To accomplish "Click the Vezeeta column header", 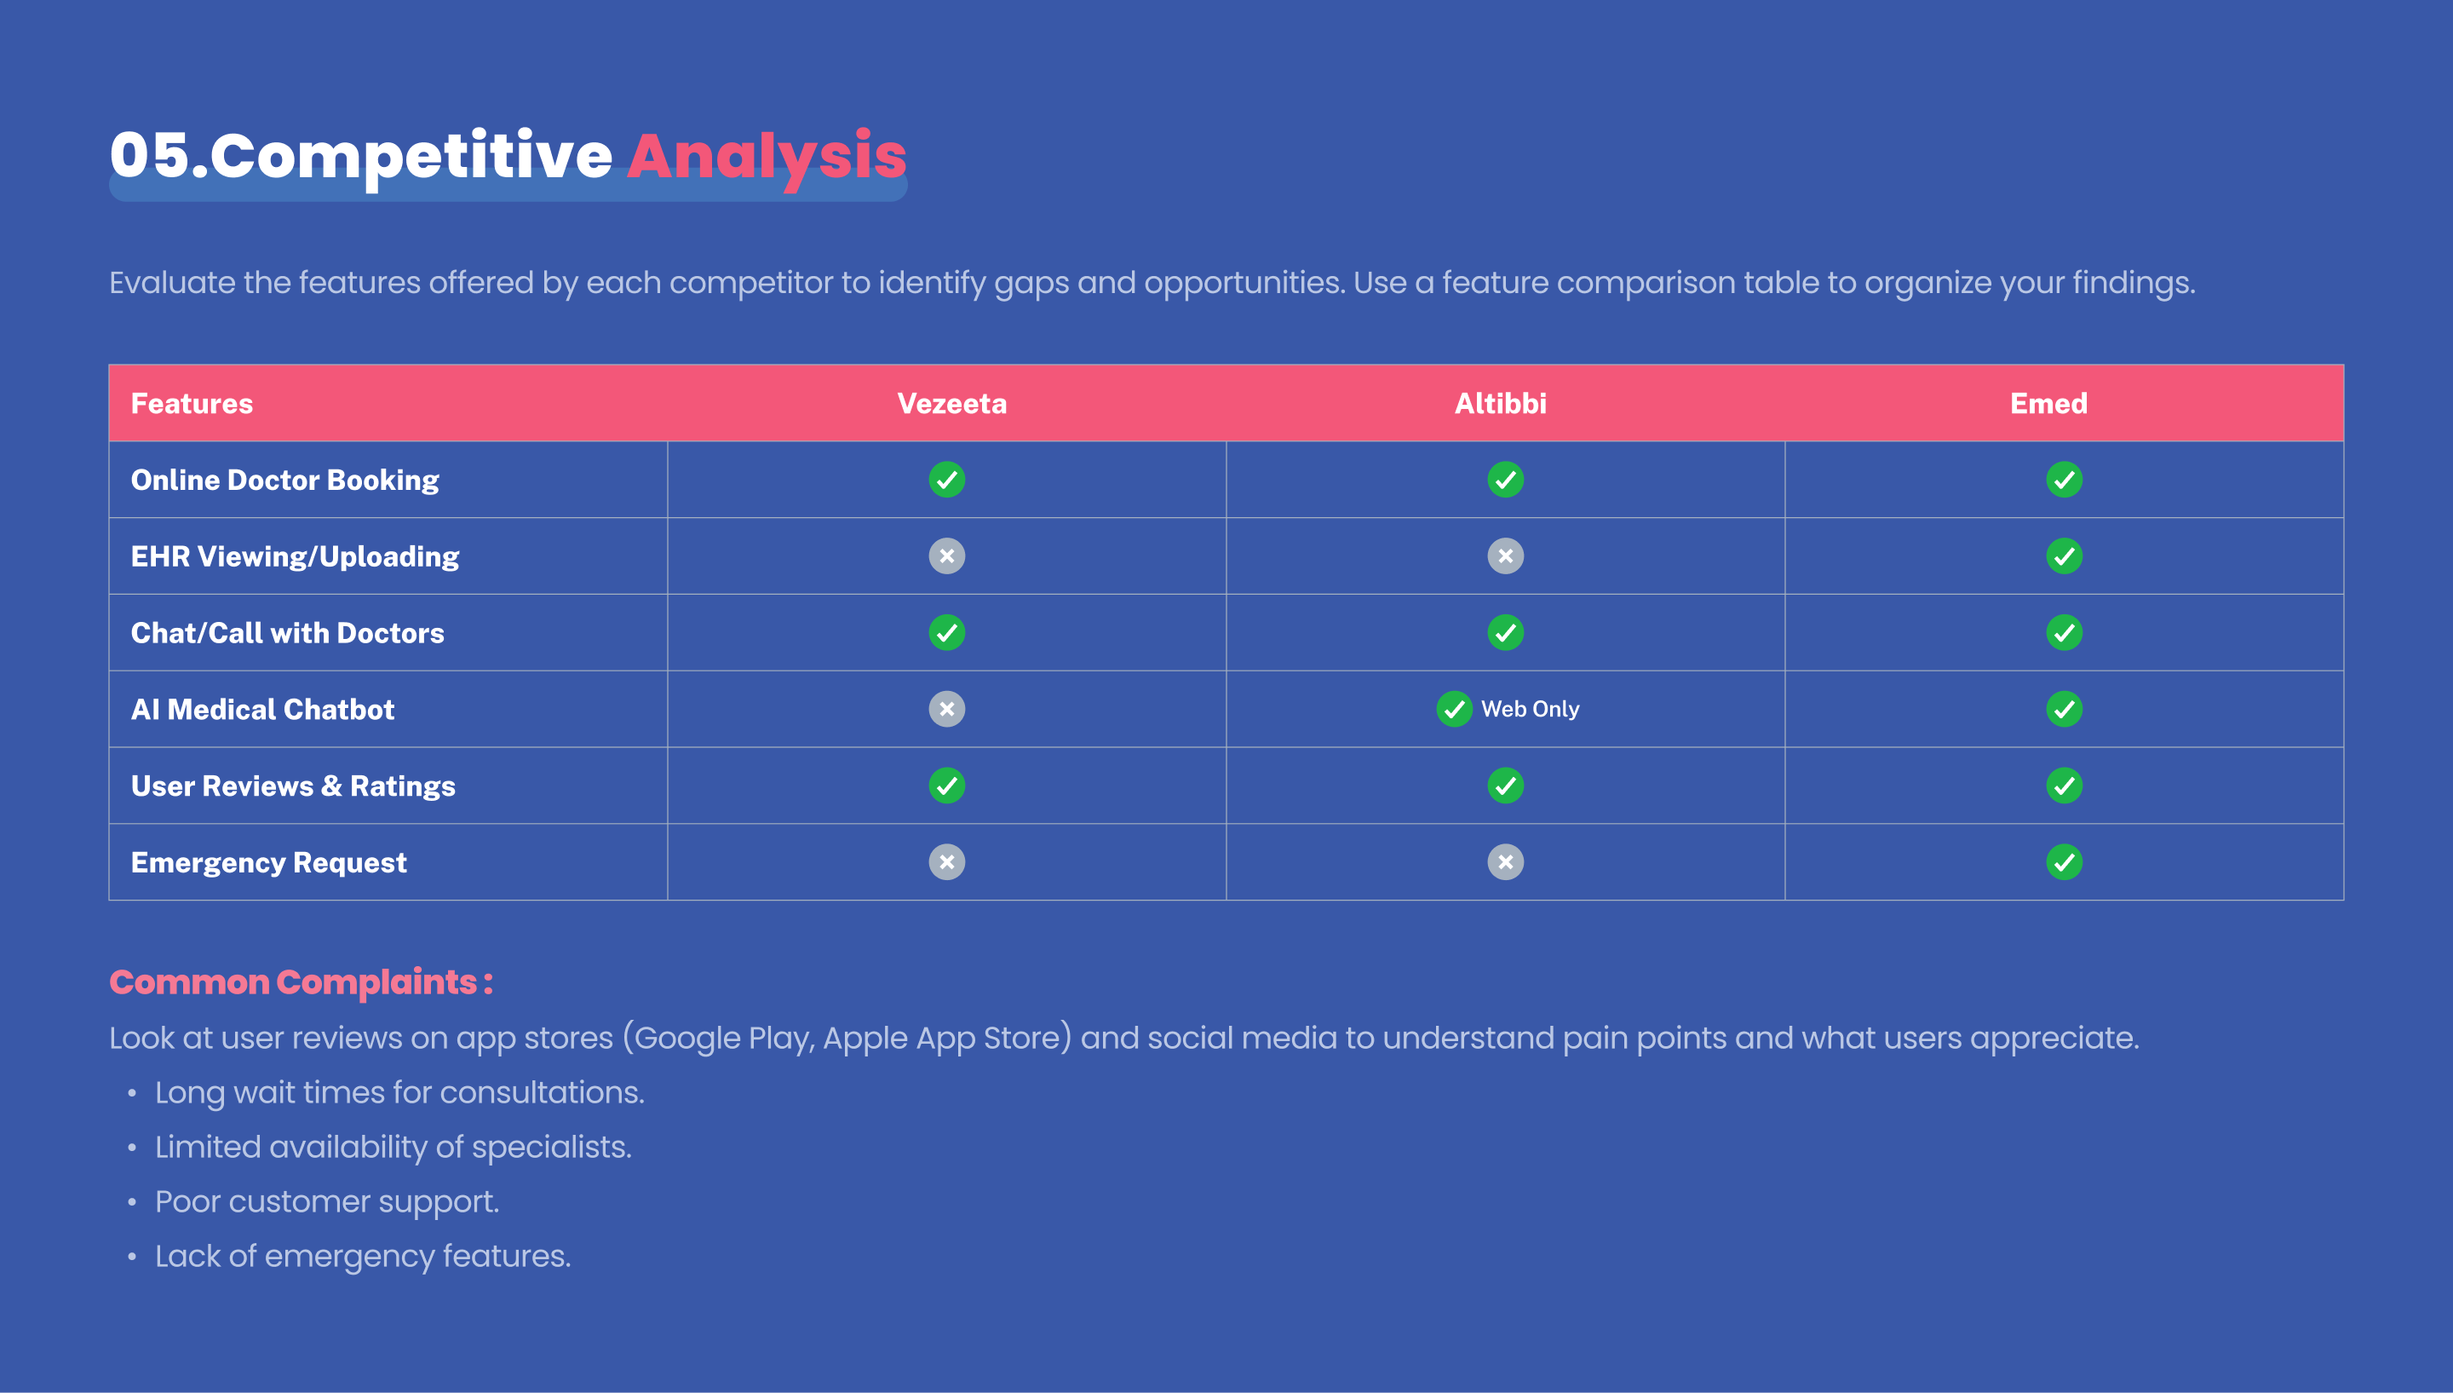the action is pyautogui.click(x=951, y=404).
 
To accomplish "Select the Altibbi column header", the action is pyautogui.click(x=1501, y=404).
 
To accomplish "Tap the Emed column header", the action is pyautogui.click(x=2048, y=404).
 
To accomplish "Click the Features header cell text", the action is pyautogui.click(x=192, y=404).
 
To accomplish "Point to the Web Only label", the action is pyautogui.click(x=1530, y=709).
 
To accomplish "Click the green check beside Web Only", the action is pyautogui.click(x=1455, y=709).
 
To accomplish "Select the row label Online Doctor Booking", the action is pyautogui.click(x=285, y=481).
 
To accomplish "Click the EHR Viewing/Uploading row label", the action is pyautogui.click(x=295, y=557).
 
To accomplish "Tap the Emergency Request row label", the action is pyautogui.click(x=269, y=863).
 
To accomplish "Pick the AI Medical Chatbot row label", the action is pyautogui.click(x=262, y=710).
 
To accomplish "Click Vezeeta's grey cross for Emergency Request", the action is pyautogui.click(x=947, y=862).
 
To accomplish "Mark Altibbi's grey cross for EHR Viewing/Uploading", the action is pyautogui.click(x=1505, y=555).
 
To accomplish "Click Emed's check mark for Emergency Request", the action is pyautogui.click(x=2064, y=862).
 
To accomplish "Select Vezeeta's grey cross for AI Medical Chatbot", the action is pyautogui.click(x=947, y=709).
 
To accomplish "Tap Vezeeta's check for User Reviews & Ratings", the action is pyautogui.click(x=947, y=786).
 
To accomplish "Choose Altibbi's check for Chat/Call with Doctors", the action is pyautogui.click(x=1505, y=632).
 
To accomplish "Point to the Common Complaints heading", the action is pyautogui.click(x=302, y=982).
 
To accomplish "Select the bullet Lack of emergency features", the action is pyautogui.click(x=363, y=1256).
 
